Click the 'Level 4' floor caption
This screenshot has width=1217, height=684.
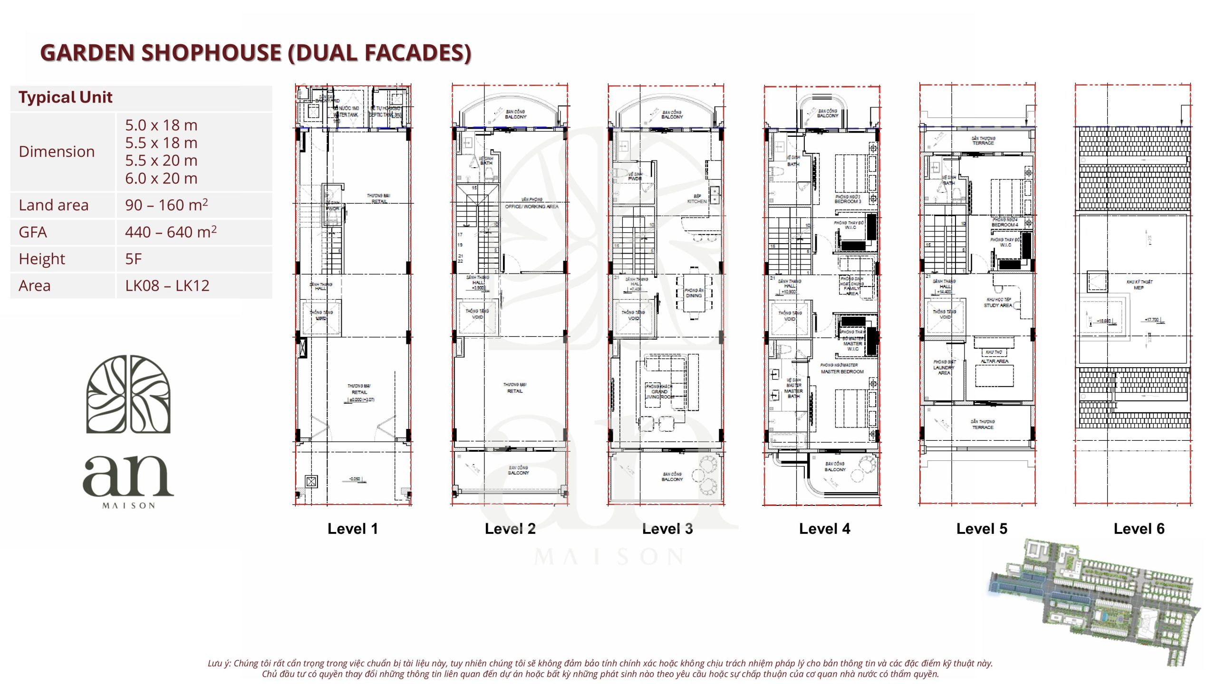click(x=824, y=529)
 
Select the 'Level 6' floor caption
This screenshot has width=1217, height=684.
click(x=1139, y=529)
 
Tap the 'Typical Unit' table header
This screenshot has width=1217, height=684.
click(x=66, y=97)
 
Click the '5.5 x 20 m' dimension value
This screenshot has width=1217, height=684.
click(x=161, y=161)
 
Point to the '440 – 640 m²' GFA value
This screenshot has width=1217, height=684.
click(x=171, y=232)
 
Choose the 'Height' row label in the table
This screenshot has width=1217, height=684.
click(x=42, y=259)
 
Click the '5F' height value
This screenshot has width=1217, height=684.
click(x=134, y=259)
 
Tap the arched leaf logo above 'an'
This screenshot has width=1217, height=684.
click(x=128, y=394)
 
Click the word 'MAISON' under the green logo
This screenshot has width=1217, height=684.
click(x=129, y=506)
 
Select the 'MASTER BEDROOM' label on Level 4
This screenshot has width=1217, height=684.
click(x=842, y=371)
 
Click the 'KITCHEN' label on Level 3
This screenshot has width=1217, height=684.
click(x=696, y=201)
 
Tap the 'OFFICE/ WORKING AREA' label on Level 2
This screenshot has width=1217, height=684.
click(x=531, y=207)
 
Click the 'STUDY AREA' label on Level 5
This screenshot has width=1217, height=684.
click(x=998, y=305)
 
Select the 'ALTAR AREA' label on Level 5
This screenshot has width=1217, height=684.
click(x=995, y=361)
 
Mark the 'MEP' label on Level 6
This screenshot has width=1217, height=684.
click(x=1139, y=287)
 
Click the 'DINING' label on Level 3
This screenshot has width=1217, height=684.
click(x=694, y=295)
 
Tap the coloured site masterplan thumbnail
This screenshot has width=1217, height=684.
click(x=1093, y=601)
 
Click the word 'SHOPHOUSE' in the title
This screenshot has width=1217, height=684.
click(x=212, y=52)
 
